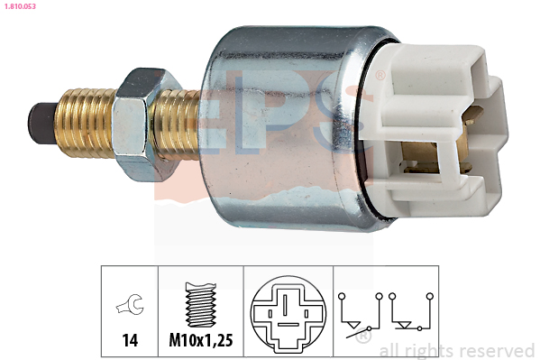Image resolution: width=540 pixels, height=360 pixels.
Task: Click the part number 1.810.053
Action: pos(21,6)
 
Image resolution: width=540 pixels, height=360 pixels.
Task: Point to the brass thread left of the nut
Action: pos(86,122)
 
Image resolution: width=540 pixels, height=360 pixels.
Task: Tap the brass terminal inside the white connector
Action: pos(437,156)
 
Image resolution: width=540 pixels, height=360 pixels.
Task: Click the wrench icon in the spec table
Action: pos(130,304)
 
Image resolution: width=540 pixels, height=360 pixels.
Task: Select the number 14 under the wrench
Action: pos(130,340)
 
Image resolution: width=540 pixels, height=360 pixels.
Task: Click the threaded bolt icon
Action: pos(201,304)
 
